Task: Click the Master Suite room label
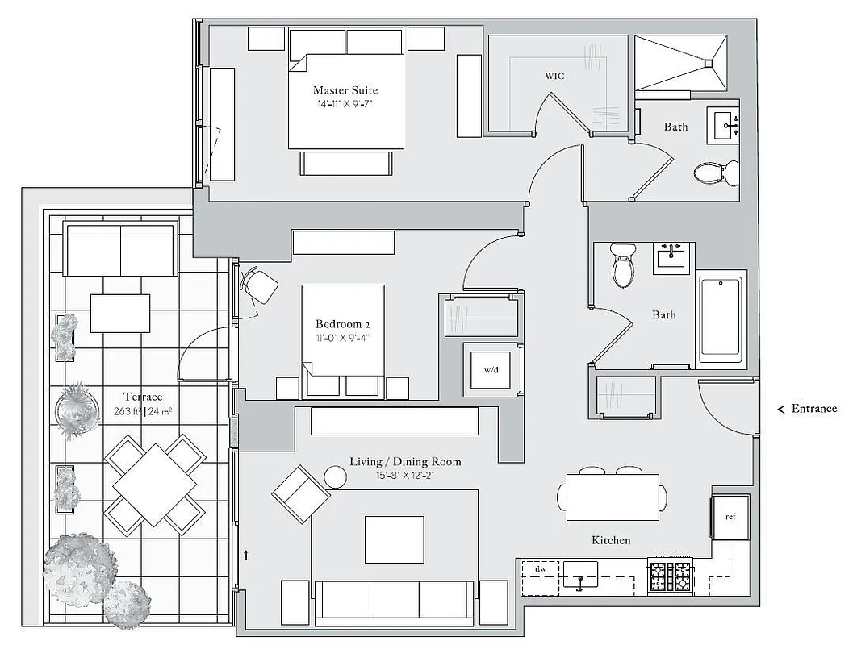click(345, 90)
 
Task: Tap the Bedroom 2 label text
click(343, 324)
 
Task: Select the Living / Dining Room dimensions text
click(405, 476)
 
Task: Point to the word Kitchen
click(610, 540)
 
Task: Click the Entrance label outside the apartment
click(813, 409)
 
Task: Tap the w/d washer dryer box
click(491, 370)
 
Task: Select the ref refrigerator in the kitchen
click(730, 517)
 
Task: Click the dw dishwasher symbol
click(540, 569)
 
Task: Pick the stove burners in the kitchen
click(671, 576)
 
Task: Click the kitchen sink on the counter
click(579, 575)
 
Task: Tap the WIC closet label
click(554, 76)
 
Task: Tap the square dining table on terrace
click(154, 483)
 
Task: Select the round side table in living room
click(335, 476)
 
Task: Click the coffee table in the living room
click(394, 539)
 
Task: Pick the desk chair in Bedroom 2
click(260, 285)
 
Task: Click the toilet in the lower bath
click(623, 266)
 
